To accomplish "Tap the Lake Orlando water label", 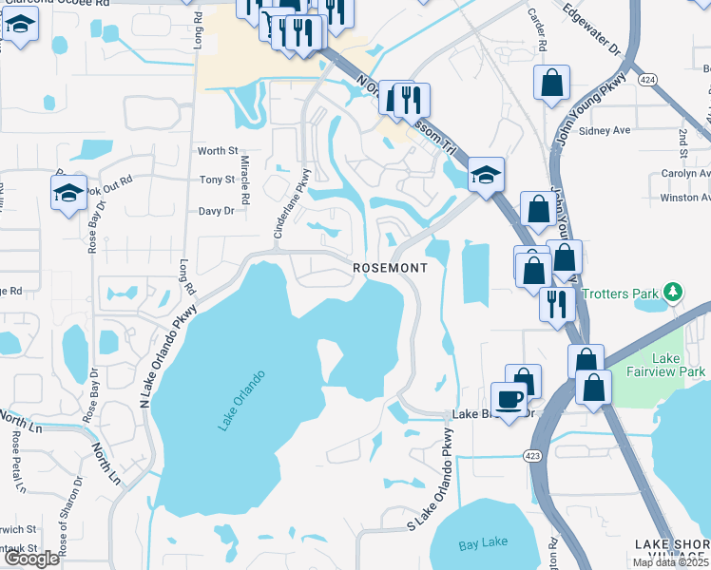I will pyautogui.click(x=240, y=400).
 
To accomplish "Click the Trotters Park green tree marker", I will pyautogui.click(x=673, y=291).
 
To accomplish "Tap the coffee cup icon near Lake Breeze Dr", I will pyautogui.click(x=509, y=399).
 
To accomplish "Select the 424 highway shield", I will pyautogui.click(x=648, y=78).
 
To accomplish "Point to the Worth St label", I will pyautogui.click(x=217, y=151).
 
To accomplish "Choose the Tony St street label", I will pyautogui.click(x=217, y=180).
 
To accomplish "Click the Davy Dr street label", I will pyautogui.click(x=216, y=212).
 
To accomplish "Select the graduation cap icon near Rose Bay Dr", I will pyautogui.click(x=68, y=193).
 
